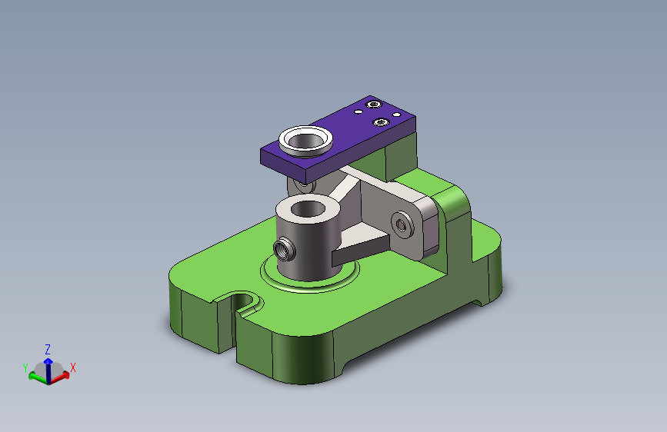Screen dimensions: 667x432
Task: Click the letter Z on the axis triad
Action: [48, 350]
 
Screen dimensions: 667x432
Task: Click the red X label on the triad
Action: [73, 367]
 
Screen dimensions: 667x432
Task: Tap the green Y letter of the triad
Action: [25, 367]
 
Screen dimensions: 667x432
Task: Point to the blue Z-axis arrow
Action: [48, 370]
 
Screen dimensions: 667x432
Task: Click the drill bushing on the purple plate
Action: [305, 141]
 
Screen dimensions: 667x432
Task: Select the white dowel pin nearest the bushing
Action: [359, 112]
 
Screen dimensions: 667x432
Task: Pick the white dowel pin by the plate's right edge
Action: [396, 115]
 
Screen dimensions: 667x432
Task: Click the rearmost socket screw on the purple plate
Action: [373, 105]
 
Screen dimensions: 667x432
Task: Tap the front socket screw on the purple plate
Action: [381, 122]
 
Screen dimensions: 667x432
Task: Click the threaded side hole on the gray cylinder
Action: [284, 249]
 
